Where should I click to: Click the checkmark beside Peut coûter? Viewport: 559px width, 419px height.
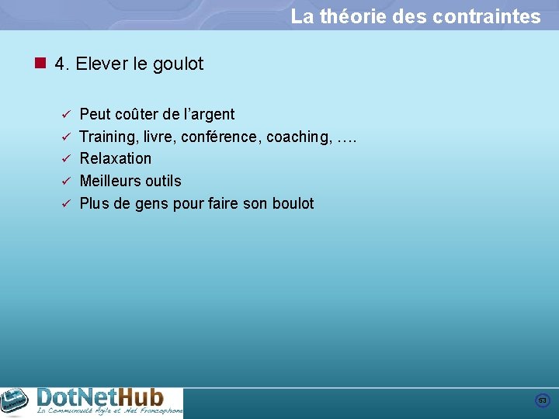(66, 115)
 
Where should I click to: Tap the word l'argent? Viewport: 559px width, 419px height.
(209, 115)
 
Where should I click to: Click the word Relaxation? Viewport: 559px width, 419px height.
(116, 158)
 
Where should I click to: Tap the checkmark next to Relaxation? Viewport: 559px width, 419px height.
(66, 159)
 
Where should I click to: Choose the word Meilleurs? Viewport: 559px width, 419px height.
(111, 181)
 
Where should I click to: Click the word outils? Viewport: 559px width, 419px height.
(164, 181)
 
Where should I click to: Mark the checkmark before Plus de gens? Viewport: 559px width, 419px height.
(66, 204)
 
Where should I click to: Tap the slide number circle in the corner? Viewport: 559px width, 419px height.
(543, 400)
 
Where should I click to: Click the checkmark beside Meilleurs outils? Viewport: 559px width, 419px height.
(66, 182)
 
